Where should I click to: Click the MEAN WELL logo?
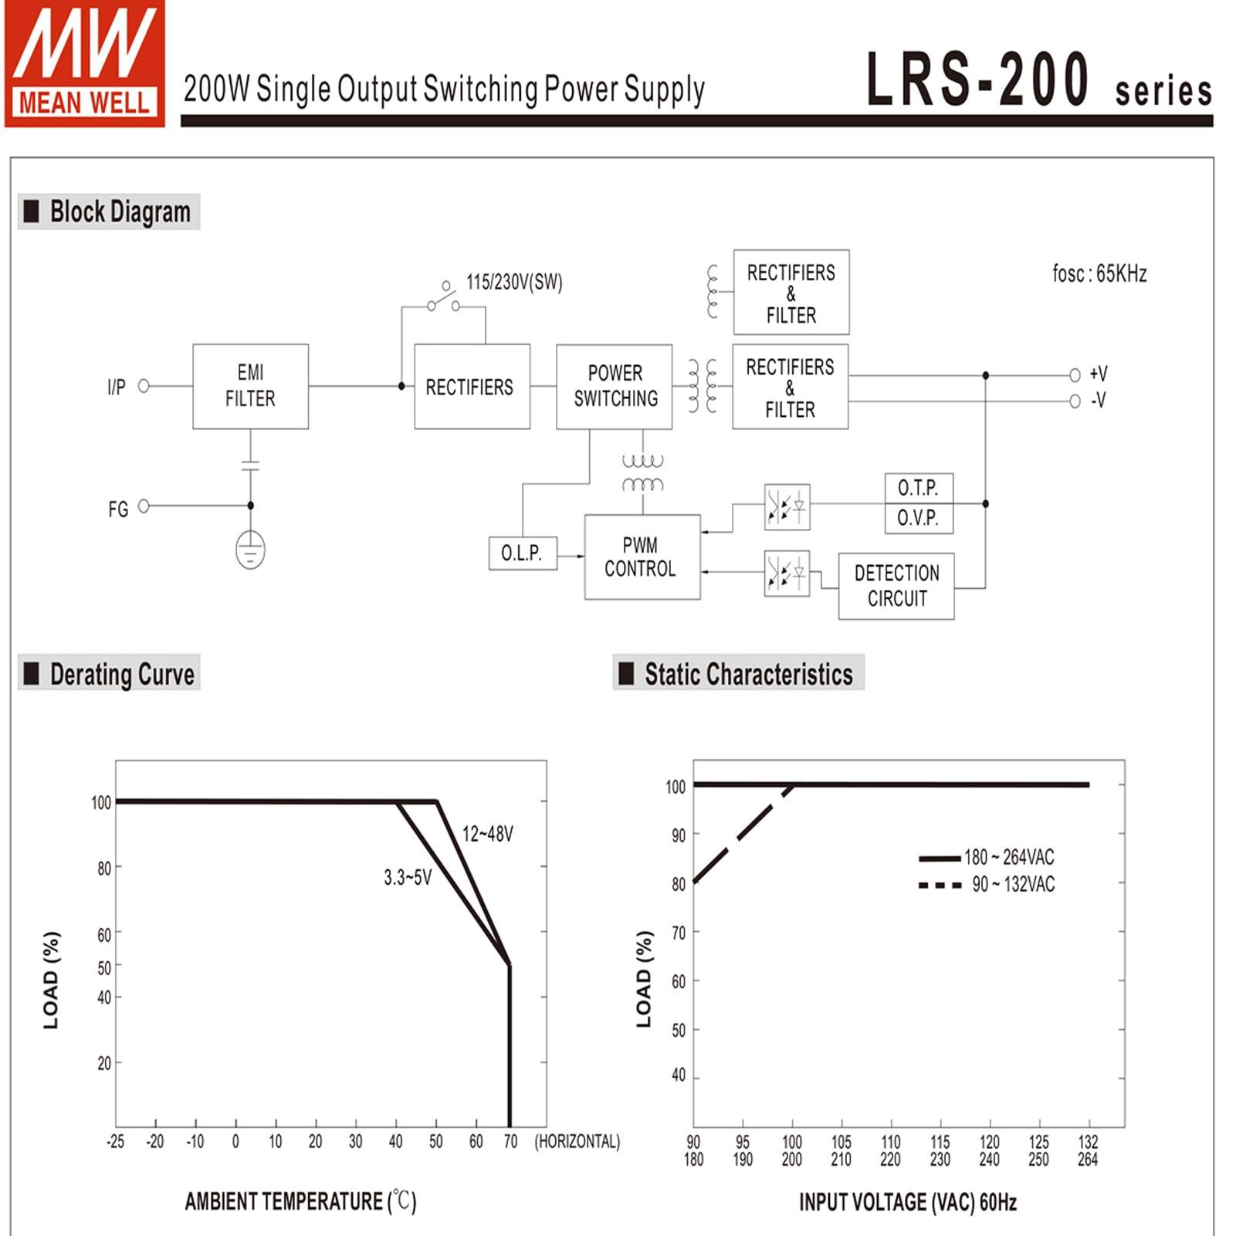[84, 63]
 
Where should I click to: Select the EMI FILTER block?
[250, 386]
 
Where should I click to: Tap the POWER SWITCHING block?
[615, 386]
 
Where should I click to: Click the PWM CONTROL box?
[642, 557]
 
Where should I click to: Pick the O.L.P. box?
[522, 553]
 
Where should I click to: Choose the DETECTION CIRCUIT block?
[896, 586]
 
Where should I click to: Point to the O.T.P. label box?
[918, 488]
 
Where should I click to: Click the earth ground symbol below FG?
[250, 550]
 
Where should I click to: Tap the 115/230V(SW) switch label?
[514, 283]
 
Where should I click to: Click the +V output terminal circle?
[1075, 375]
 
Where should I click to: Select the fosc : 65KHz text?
[1099, 273]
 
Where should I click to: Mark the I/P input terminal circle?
[144, 385]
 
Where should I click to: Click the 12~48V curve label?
[487, 834]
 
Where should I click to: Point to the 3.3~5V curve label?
[408, 877]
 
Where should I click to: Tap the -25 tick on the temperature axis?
[115, 1141]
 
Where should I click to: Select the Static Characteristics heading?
[748, 674]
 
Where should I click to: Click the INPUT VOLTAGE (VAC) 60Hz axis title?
[907, 1202]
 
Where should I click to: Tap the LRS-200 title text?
[977, 79]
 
